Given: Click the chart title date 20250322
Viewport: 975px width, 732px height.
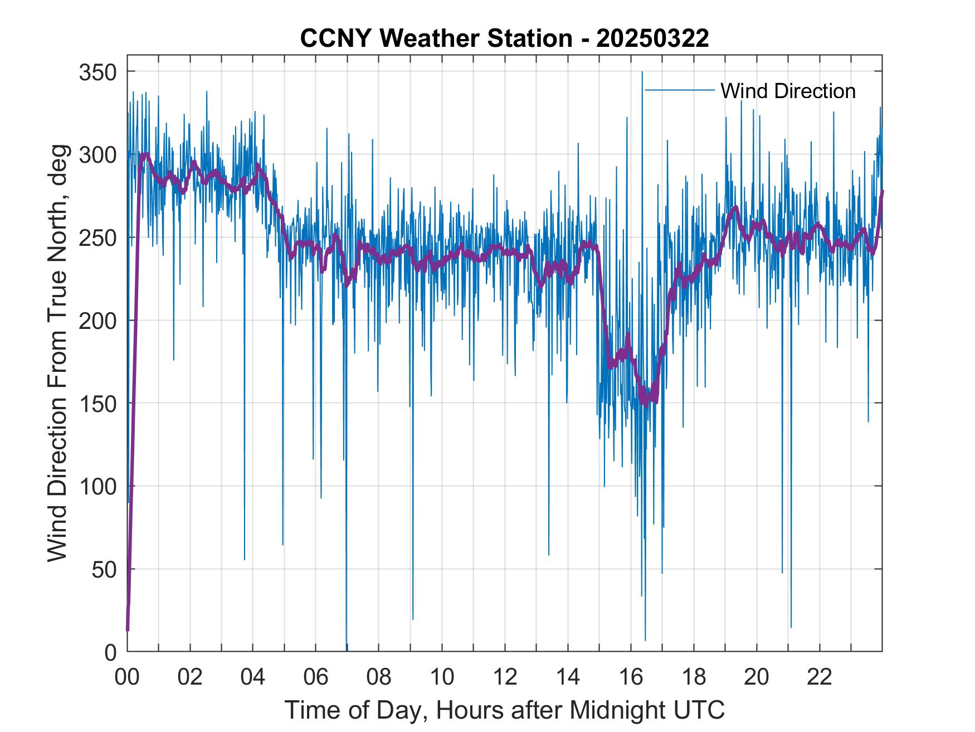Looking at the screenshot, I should point(652,38).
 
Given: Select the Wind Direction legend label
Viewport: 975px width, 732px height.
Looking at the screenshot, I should point(788,91).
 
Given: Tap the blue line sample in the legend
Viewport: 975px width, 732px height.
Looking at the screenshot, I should point(679,90).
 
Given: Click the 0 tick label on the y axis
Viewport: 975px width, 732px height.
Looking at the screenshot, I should point(110,652).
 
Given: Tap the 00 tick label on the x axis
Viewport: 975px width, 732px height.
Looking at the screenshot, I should point(127,677).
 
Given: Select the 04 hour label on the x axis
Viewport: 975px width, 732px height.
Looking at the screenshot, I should point(253,677).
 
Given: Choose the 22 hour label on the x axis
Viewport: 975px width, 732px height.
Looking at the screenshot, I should point(820,677).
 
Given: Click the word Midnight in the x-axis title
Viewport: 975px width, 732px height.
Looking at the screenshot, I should point(610,710).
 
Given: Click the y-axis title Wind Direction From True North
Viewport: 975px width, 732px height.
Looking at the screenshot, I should point(57,352).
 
